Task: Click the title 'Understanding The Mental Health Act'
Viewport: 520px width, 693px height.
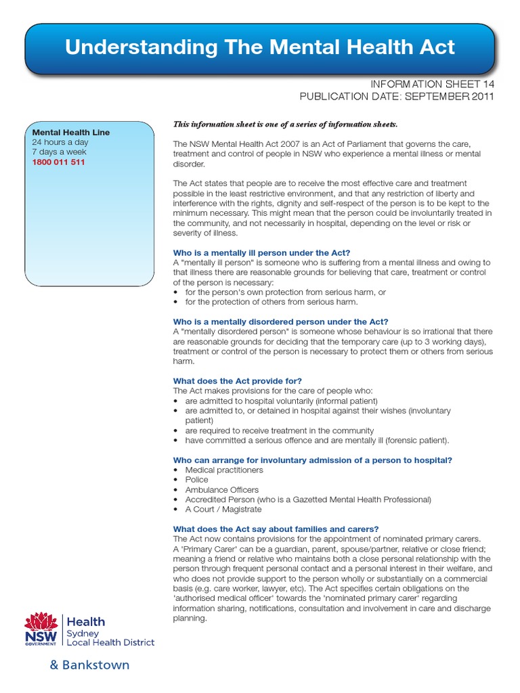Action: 260,47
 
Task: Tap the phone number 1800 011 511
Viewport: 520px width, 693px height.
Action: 58,162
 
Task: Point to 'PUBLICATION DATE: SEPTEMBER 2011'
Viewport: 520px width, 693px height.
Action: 397,97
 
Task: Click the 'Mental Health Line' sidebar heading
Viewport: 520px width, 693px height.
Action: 70,133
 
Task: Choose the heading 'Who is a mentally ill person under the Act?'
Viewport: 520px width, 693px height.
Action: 261,252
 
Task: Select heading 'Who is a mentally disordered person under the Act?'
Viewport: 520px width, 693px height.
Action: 280,321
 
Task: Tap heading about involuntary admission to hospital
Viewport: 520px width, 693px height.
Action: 312,460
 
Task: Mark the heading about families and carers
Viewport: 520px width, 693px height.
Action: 276,529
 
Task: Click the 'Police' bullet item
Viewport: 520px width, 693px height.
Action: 196,480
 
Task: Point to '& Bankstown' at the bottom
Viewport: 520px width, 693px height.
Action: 89,665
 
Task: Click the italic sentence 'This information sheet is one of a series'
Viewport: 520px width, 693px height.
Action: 286,125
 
